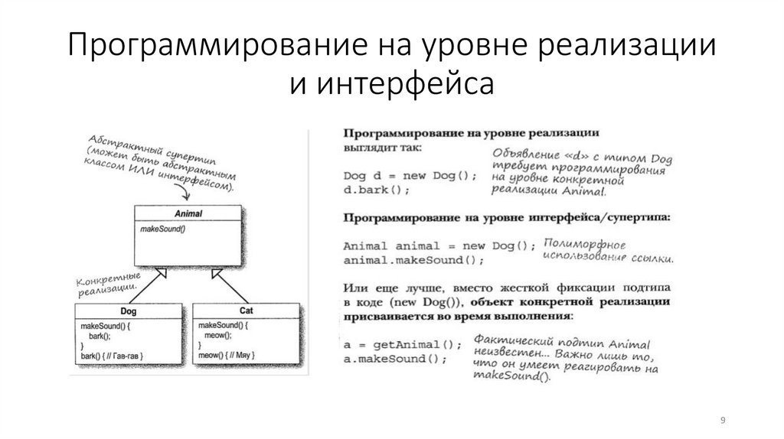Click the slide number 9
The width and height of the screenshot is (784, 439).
point(723,420)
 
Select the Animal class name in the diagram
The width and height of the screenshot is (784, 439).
point(188,213)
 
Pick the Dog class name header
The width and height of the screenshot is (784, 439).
point(128,311)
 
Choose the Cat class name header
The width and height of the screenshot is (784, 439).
point(246,311)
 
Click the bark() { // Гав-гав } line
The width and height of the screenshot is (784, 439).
point(113,356)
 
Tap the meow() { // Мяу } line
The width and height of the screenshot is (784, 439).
point(227,356)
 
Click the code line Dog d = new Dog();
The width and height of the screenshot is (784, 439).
point(410,175)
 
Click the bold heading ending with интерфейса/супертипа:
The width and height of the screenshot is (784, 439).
point(506,218)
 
